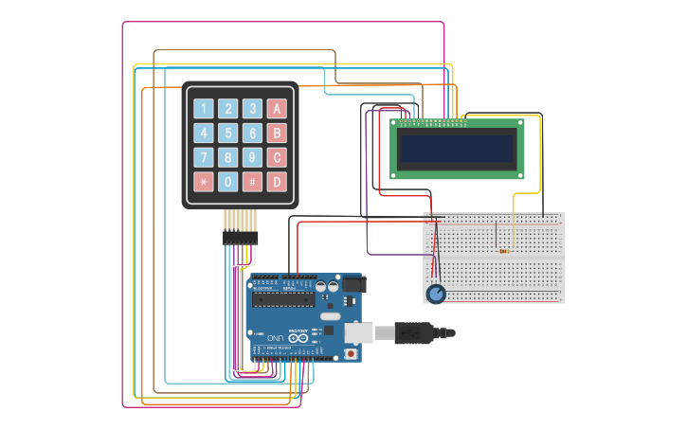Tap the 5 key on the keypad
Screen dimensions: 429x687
point(227,133)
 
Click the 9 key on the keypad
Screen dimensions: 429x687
point(252,157)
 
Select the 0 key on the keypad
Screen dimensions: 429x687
point(227,182)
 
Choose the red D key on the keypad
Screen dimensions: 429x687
point(277,182)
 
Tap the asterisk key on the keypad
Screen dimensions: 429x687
point(203,182)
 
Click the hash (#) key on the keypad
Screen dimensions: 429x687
point(252,182)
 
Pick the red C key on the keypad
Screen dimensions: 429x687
point(277,157)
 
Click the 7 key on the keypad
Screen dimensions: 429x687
point(203,157)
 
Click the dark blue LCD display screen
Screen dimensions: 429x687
point(457,149)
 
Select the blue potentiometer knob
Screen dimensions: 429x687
point(436,295)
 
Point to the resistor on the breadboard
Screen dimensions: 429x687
point(503,252)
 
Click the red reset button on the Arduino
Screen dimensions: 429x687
point(352,354)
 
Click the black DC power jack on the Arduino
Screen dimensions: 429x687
point(353,283)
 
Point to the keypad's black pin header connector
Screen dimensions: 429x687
point(241,239)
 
